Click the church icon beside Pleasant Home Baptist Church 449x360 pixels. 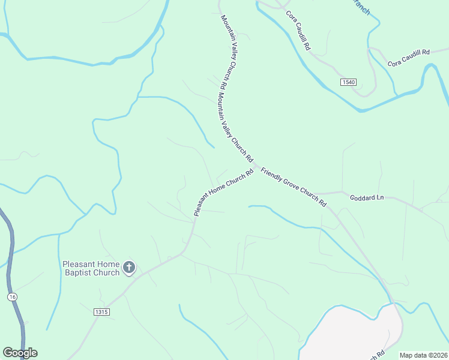[129, 268]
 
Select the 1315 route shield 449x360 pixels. [102, 312]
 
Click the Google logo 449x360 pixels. [20, 353]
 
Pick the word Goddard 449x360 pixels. [361, 197]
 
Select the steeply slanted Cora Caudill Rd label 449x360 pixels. [298, 29]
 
